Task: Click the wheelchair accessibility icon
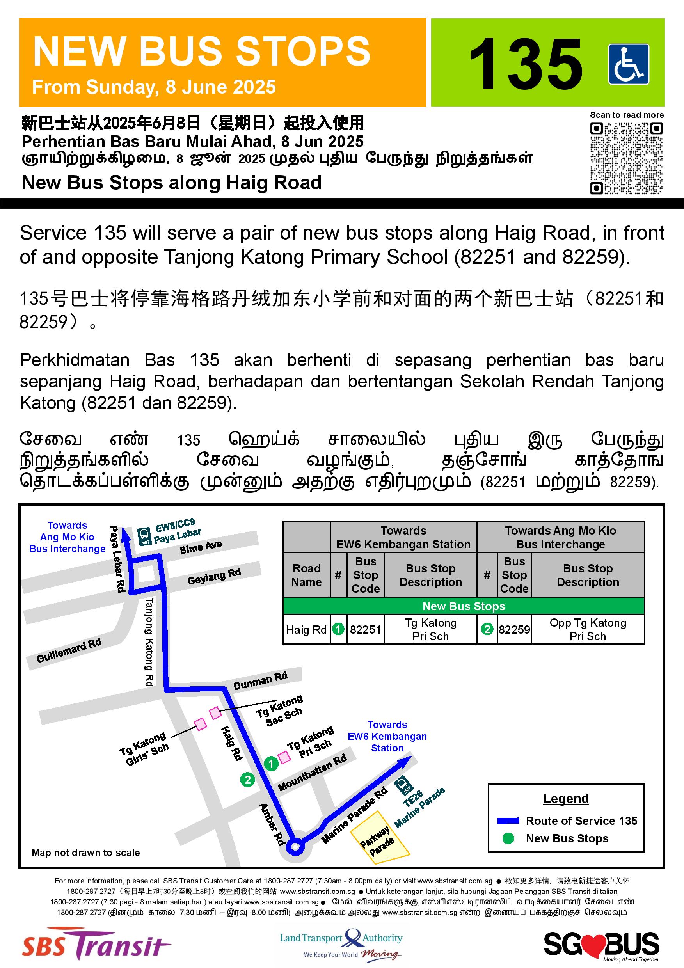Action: [628, 65]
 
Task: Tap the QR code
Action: [626, 158]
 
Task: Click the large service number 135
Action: [526, 64]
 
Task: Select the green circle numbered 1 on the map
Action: [271, 763]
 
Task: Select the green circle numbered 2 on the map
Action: [247, 780]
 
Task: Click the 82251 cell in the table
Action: [365, 629]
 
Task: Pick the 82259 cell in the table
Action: [514, 629]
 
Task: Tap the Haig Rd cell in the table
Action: [306, 629]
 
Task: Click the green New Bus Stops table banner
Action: [464, 606]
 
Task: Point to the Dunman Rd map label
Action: [260, 680]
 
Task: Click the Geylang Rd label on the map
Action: [214, 576]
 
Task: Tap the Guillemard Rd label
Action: [69, 650]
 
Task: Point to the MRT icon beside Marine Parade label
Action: [403, 785]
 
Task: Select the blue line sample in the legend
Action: [508, 821]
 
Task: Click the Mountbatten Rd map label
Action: [312, 772]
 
